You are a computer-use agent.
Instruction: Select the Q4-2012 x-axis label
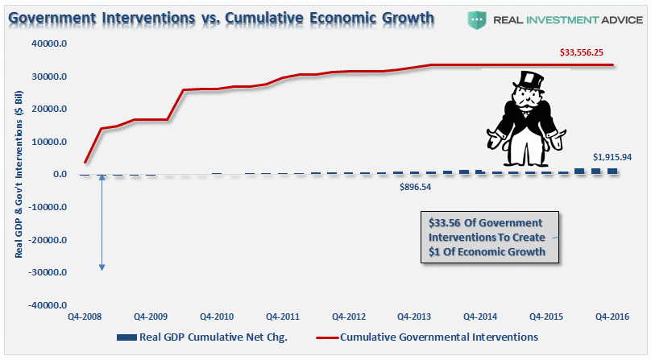click(350, 317)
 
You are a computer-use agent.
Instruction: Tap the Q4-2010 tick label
click(217, 317)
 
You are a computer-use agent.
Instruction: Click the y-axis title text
click(18, 175)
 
